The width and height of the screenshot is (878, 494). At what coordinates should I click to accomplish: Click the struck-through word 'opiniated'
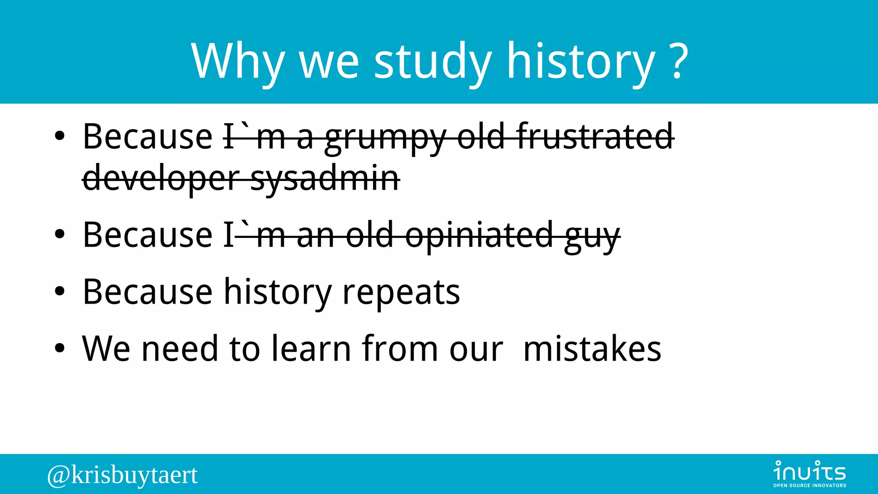[x=479, y=235]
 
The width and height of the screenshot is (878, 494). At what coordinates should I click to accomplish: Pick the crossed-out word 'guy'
[x=592, y=237]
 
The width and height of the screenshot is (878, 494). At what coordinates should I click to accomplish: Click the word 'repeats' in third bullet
[x=401, y=293]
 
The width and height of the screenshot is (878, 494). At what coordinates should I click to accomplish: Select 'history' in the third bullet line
[x=278, y=293]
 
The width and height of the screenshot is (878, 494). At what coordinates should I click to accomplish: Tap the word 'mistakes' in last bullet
[x=592, y=349]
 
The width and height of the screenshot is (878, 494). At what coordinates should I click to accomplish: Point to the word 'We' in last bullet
[x=106, y=349]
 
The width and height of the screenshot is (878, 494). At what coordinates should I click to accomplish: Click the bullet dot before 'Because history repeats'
[x=60, y=292]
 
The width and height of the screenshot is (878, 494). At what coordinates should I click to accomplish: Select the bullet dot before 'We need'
[x=60, y=348]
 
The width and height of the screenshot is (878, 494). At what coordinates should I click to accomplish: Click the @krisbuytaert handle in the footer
[x=123, y=475]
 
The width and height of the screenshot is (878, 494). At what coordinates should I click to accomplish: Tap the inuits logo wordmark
[x=809, y=471]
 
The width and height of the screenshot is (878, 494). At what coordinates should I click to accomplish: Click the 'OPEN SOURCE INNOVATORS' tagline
[x=809, y=485]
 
